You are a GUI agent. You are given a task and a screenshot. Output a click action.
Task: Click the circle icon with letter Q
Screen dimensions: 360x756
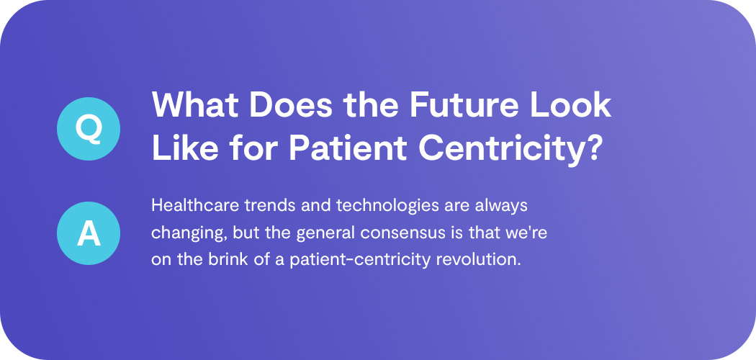point(89,128)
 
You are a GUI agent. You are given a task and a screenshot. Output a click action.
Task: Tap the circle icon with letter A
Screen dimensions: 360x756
point(89,233)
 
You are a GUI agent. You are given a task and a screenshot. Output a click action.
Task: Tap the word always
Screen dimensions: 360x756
point(504,205)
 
